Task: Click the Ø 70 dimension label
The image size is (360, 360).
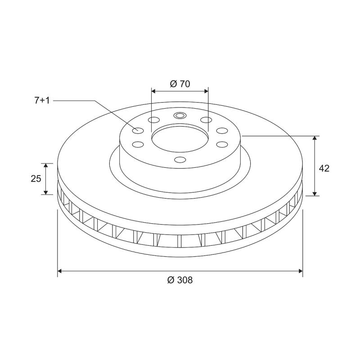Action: pyautogui.click(x=180, y=84)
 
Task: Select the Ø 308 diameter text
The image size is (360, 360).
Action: pyautogui.click(x=180, y=280)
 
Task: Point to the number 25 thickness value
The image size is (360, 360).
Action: pyautogui.click(x=36, y=179)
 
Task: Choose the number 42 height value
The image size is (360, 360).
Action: pyautogui.click(x=324, y=168)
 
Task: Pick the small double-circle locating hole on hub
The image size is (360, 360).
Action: pyautogui.click(x=180, y=116)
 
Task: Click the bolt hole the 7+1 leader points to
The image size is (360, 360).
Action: pyautogui.click(x=138, y=130)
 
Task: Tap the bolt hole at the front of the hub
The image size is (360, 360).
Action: pyautogui.click(x=180, y=160)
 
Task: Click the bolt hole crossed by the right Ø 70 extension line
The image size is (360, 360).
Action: pyautogui.click(x=207, y=120)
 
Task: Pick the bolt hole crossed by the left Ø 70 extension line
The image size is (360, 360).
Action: pyautogui.click(x=153, y=120)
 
